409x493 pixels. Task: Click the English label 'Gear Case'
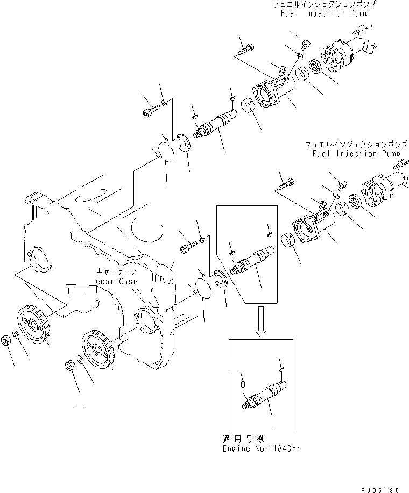click(x=116, y=281)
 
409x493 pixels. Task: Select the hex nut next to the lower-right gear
click(x=69, y=366)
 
